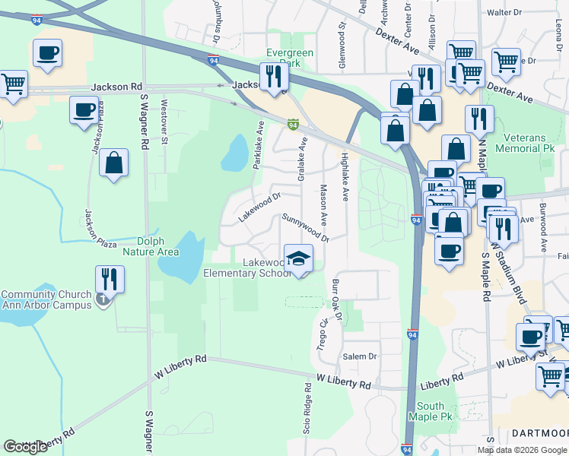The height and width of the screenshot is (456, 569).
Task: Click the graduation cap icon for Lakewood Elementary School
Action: click(299, 259)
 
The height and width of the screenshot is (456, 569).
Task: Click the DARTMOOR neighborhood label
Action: click(539, 432)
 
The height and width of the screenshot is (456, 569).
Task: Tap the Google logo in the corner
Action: click(26, 446)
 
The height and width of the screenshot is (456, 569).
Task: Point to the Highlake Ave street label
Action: click(345, 176)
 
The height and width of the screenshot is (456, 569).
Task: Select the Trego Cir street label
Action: click(323, 332)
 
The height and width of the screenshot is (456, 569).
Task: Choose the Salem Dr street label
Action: click(360, 356)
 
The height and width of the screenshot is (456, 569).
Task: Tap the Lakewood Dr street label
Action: click(259, 207)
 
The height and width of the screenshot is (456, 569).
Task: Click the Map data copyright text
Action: click(522, 450)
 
